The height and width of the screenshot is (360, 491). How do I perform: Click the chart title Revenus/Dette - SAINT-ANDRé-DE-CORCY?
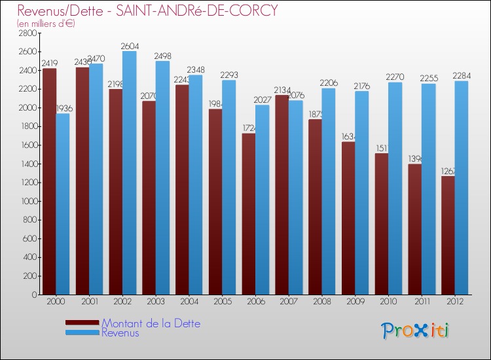pos(147,10)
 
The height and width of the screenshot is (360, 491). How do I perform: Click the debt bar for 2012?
pos(448,236)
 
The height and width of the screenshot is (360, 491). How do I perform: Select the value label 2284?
pos(461,76)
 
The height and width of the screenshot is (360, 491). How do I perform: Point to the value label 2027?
pos(262,99)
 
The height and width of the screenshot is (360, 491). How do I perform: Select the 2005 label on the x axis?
pos(222,302)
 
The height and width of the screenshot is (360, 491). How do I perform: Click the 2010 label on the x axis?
pos(388,302)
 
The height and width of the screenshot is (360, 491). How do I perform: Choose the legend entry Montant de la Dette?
pos(151,323)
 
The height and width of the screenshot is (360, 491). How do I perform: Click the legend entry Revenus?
pos(120,333)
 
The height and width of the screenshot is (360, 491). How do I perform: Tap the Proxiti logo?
pos(416,330)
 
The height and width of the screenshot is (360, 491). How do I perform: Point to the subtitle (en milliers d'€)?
pos(46,24)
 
